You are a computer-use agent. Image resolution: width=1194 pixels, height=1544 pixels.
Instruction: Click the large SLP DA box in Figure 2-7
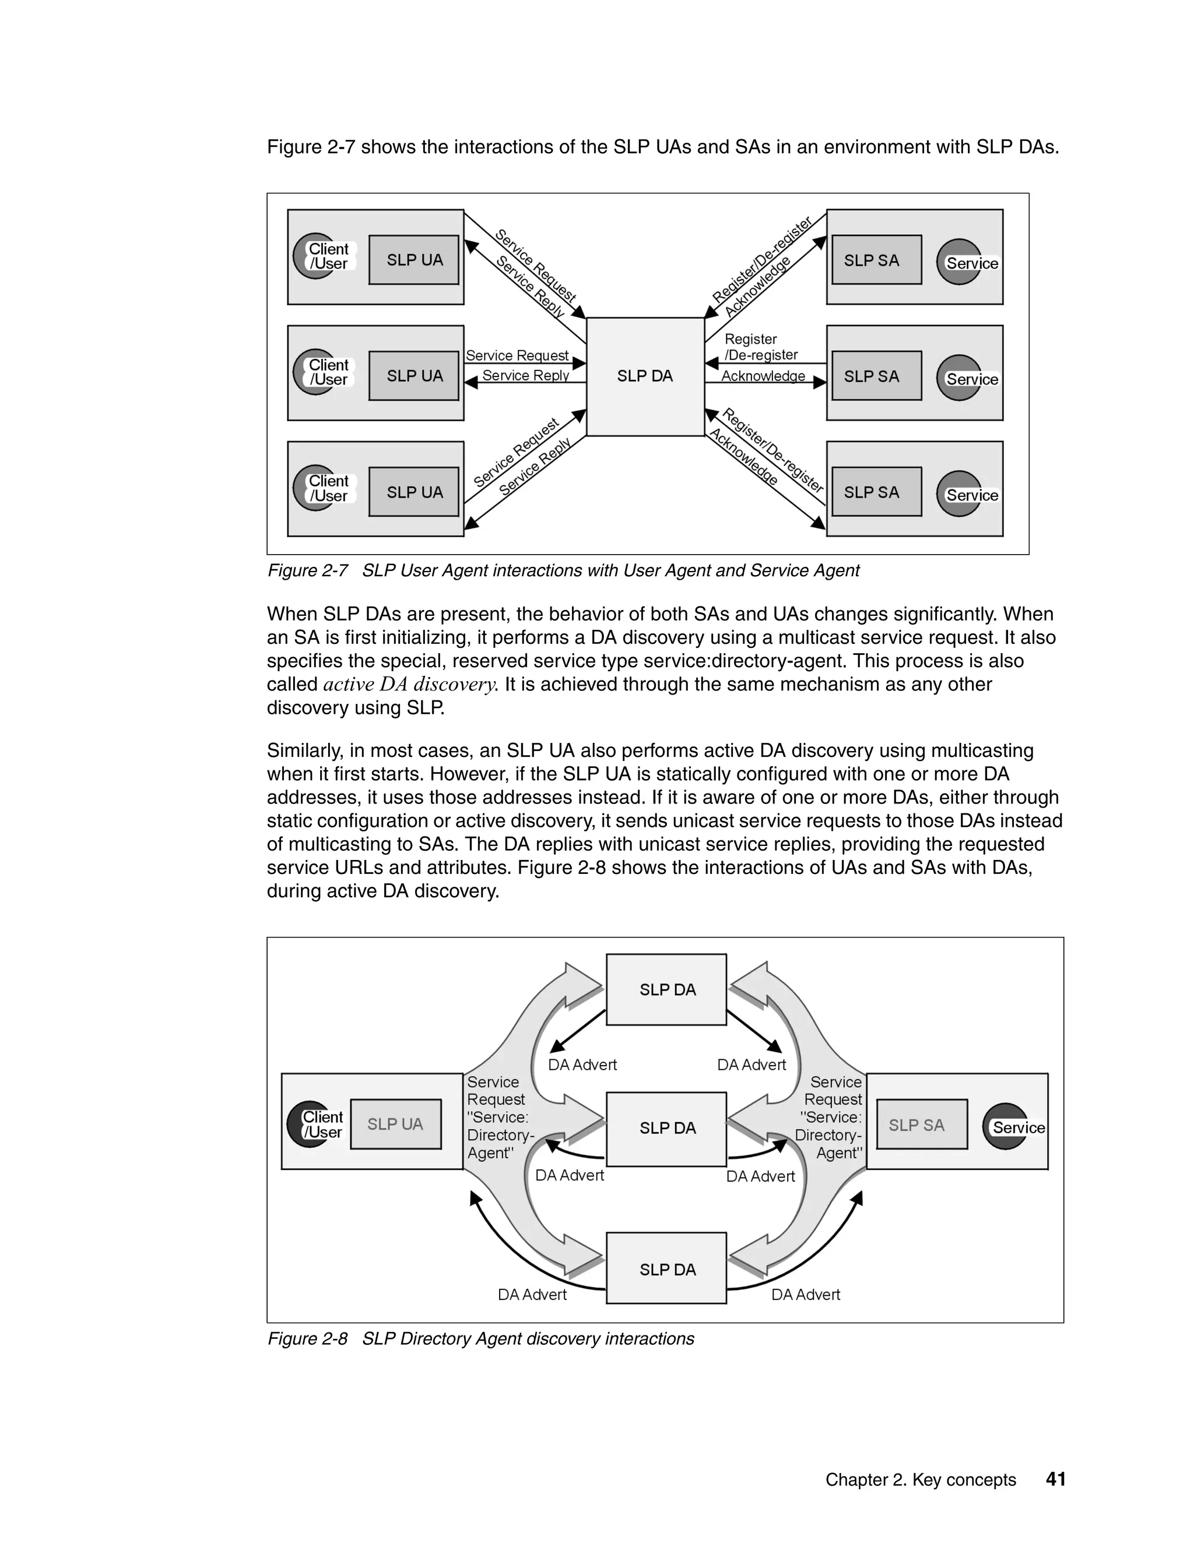645,376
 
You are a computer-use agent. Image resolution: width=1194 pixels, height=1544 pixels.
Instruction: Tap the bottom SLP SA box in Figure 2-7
876,492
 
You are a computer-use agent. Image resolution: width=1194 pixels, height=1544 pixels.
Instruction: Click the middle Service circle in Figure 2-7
959,378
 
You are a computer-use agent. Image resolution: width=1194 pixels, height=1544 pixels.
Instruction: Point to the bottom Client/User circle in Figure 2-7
315,488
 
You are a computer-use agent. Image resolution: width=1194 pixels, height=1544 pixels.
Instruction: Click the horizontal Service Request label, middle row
517,355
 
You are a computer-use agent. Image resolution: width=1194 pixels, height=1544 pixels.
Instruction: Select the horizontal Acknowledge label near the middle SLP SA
763,376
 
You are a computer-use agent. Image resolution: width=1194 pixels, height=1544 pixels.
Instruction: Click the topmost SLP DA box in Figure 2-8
666,990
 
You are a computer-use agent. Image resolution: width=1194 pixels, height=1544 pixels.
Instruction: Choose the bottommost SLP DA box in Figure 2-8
666,1270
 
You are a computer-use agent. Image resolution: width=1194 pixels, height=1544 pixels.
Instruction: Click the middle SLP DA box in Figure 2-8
666,1129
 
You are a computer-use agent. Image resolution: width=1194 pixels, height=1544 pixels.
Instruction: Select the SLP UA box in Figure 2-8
395,1124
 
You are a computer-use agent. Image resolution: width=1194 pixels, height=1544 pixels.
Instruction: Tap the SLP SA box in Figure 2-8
922,1124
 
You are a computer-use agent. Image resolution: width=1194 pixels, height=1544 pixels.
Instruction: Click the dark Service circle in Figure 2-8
1006,1127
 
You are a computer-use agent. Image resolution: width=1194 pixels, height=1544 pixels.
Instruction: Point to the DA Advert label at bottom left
532,1295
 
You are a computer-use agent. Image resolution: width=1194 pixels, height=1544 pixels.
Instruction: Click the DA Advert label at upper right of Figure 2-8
751,1064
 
